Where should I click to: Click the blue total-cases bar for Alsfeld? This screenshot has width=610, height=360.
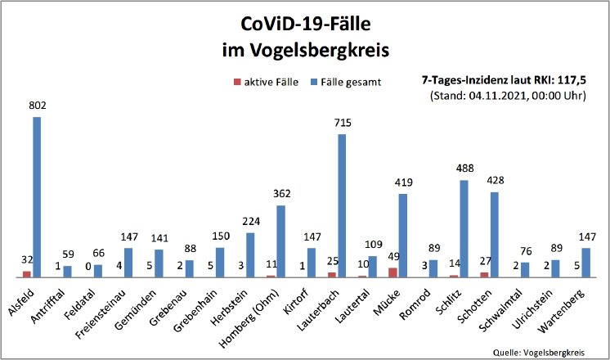(37, 197)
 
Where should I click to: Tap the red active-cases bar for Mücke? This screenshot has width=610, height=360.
(393, 272)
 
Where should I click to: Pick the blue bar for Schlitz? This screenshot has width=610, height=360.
(464, 228)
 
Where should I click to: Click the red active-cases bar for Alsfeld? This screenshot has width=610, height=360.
(27, 274)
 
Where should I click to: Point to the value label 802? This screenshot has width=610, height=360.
(36, 106)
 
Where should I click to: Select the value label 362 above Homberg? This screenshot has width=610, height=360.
(280, 195)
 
